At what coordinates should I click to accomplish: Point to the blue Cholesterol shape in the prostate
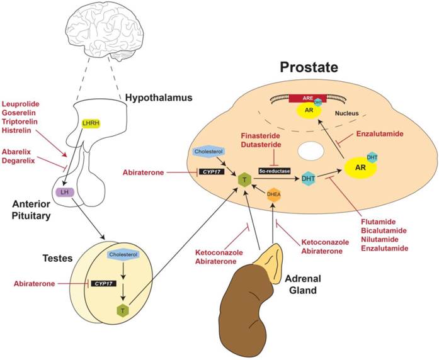point(207,152)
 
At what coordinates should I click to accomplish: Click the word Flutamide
point(381,222)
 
